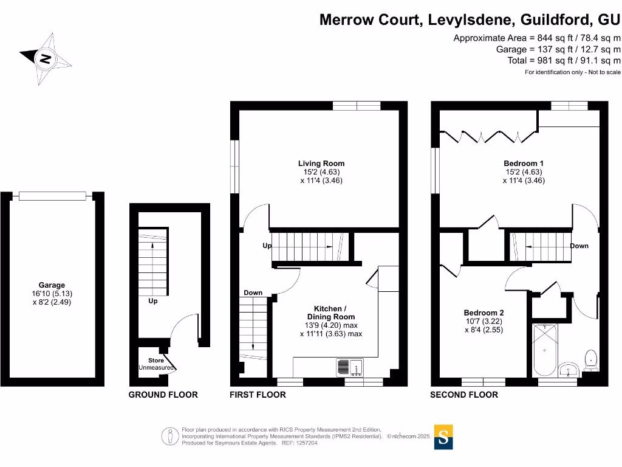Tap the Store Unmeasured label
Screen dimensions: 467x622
(x=156, y=364)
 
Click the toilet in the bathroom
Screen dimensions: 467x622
(x=590, y=360)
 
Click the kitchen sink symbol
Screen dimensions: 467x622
(x=349, y=367)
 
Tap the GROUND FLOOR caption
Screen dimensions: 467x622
(x=163, y=395)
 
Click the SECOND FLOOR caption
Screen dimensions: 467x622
(x=463, y=395)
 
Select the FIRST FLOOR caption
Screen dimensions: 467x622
(x=258, y=395)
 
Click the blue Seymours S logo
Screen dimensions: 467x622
(x=444, y=436)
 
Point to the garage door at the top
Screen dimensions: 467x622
(x=56, y=196)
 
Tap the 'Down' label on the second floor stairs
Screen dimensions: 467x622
(x=579, y=246)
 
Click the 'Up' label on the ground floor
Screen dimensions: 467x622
(x=153, y=301)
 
